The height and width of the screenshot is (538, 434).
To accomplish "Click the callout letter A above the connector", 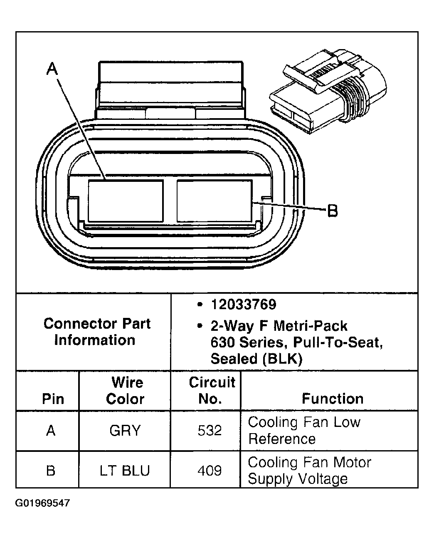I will tap(52, 69).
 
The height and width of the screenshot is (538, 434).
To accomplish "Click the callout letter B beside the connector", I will tap(333, 211).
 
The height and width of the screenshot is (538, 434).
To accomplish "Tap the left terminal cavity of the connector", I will tap(125, 201).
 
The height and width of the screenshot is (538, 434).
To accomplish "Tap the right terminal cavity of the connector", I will tap(214, 201).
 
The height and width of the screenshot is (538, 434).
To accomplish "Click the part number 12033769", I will tap(243, 305).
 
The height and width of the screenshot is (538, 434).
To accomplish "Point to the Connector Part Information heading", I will tap(96, 332).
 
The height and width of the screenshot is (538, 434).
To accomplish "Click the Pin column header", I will tap(53, 399).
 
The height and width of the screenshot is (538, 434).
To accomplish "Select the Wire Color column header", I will tap(125, 390).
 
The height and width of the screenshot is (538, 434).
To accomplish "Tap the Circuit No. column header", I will tap(212, 390).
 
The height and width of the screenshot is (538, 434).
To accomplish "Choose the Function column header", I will tap(332, 399).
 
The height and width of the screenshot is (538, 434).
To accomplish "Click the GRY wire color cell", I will tap(125, 430).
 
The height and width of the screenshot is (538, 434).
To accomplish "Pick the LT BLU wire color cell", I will tap(125, 470).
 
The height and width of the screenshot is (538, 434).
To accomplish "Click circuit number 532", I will tap(210, 430).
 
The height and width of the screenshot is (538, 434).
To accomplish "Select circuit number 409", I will tap(210, 470).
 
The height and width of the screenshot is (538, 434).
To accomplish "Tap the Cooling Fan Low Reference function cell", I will tap(304, 430).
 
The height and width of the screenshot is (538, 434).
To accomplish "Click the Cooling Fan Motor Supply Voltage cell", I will tap(309, 470).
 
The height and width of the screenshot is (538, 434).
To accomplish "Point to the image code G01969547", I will tap(42, 503).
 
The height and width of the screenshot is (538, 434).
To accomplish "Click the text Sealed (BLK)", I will tap(256, 359).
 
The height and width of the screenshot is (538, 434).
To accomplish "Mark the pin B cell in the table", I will tap(51, 470).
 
